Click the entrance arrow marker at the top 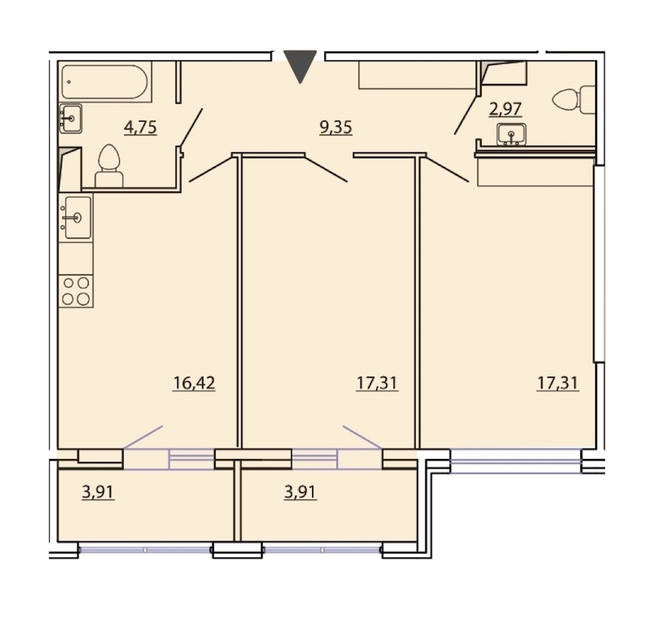300,66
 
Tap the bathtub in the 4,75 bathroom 104,82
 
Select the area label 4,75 140,127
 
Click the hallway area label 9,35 335,127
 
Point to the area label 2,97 505,109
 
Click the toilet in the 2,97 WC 574,100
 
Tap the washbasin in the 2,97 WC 511,135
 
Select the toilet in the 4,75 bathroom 109,166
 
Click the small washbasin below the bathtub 71,118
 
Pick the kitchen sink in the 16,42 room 76,218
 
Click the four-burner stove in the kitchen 76,291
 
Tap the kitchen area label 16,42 193,383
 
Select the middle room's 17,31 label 377,383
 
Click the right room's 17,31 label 558,383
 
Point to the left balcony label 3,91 98,492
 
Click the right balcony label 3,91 300,492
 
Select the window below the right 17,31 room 516,461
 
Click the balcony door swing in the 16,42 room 143,437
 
